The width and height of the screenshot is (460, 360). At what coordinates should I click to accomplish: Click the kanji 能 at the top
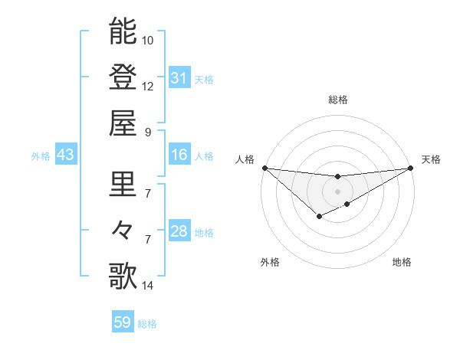[123, 31]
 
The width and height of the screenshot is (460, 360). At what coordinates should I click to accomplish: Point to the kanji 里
[123, 184]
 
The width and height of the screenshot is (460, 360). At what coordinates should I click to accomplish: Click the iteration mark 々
[123, 230]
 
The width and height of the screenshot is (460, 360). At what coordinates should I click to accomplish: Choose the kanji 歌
[123, 276]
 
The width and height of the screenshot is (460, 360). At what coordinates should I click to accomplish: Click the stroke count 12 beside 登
[148, 86]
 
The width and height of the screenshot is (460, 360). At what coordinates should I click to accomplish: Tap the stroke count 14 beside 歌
[148, 286]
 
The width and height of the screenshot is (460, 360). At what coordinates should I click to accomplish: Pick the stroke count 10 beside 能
[148, 40]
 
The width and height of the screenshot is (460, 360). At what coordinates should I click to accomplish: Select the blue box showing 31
[179, 78]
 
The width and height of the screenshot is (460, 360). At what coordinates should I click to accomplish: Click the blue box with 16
[179, 155]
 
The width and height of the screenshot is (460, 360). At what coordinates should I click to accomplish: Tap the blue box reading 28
[179, 232]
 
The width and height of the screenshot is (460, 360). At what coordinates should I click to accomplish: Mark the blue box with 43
[66, 155]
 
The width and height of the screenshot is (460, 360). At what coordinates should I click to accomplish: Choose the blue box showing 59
[123, 322]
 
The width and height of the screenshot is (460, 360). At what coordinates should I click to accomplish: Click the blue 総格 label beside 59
[147, 324]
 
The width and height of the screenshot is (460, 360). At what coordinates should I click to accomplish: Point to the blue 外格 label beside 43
[41, 156]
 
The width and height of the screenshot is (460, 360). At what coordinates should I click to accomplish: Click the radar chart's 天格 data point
[410, 168]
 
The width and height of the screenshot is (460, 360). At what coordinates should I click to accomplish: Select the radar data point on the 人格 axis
[264, 168]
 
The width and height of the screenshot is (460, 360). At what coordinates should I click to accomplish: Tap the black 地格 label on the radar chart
[402, 263]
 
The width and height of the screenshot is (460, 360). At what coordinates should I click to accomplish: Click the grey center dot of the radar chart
[337, 191]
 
